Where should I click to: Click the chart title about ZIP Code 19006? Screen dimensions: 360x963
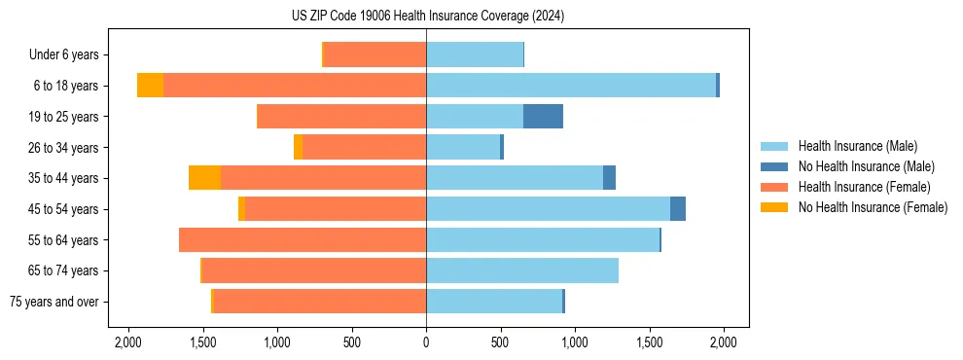[x=427, y=17]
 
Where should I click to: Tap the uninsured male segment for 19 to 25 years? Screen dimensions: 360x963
[x=543, y=117]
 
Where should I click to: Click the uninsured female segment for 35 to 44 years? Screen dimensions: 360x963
[x=204, y=178]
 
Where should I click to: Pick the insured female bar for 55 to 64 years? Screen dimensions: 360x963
[x=303, y=240]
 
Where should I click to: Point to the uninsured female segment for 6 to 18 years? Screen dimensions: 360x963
[x=150, y=86]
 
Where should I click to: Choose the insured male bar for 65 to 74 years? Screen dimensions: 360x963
[x=522, y=270]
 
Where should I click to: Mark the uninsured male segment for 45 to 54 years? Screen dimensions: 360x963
[x=678, y=209]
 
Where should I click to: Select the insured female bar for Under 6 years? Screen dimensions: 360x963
[x=374, y=54]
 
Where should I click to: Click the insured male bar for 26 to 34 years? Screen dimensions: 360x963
[x=463, y=147]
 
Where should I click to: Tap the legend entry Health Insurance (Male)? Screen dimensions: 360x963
[x=857, y=146]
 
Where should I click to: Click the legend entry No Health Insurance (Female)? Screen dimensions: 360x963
[x=873, y=207]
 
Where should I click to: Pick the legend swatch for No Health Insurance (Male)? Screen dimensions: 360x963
[x=774, y=166]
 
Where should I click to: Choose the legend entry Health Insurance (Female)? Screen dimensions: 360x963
[x=865, y=187]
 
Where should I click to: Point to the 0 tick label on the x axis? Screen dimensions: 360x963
[x=426, y=342]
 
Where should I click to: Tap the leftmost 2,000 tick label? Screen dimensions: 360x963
[x=128, y=342]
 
